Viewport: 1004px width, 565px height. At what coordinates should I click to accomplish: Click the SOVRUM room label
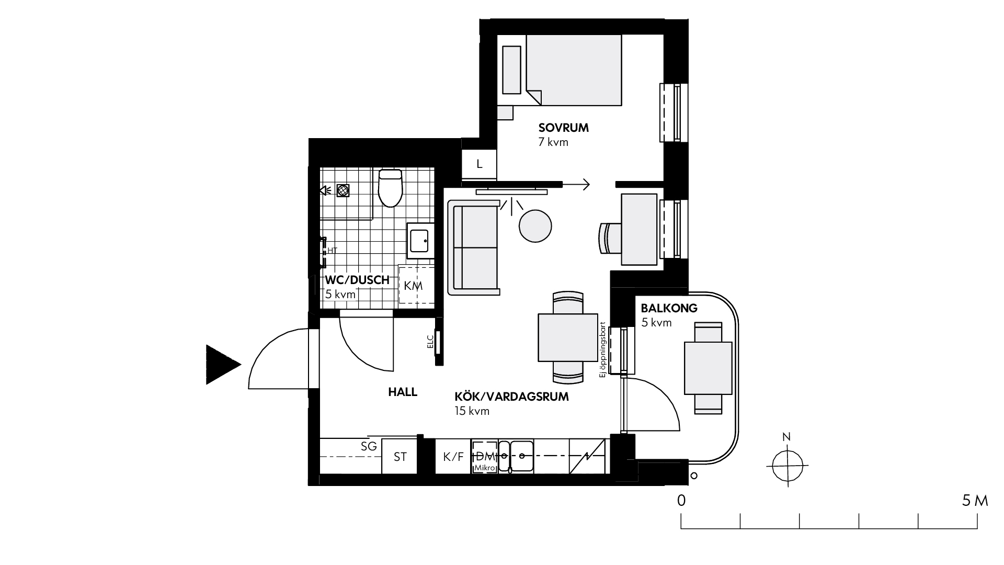point(564,128)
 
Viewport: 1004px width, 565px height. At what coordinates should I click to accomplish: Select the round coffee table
point(535,225)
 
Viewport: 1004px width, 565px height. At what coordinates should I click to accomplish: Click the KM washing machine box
point(416,285)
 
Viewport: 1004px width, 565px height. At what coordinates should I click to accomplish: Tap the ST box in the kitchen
point(400,457)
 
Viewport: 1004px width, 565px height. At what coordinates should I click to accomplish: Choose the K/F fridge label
point(453,457)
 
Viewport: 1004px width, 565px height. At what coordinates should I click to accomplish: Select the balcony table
point(708,368)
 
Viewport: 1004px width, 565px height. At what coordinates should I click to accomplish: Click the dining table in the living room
point(568,337)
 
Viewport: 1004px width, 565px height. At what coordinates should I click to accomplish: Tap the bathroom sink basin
point(420,241)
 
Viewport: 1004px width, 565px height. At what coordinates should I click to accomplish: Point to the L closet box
point(479,164)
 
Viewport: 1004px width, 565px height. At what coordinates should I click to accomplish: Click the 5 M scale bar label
point(975,501)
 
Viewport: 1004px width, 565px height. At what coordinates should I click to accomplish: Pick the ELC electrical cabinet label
point(430,342)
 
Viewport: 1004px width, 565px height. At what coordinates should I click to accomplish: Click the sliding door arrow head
point(586,184)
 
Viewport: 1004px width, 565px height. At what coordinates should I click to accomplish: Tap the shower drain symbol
point(343,190)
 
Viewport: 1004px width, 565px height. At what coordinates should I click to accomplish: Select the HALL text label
point(403,392)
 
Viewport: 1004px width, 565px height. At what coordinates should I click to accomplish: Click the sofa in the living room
point(474,247)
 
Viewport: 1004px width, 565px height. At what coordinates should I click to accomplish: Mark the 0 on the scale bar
point(681,501)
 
